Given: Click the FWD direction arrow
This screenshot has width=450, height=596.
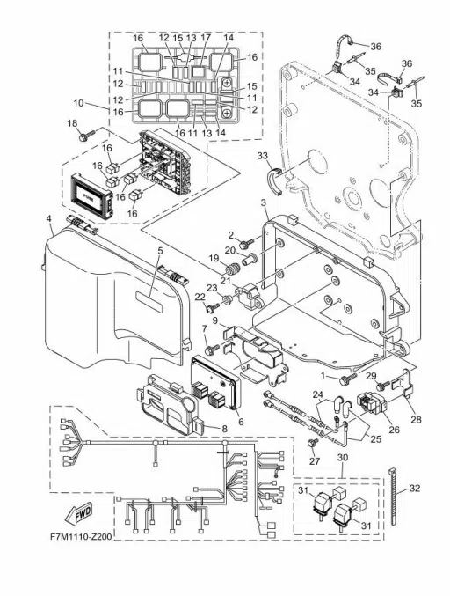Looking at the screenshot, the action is [x=78, y=513].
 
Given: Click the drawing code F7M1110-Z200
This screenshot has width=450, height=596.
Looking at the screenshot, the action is [x=81, y=537].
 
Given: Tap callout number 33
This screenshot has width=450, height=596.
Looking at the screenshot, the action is [x=262, y=156].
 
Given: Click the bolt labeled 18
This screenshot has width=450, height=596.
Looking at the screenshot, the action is [x=87, y=135].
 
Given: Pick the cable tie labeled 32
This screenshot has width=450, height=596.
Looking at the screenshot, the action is [x=393, y=496].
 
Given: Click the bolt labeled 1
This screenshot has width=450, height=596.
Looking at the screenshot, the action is [x=348, y=379].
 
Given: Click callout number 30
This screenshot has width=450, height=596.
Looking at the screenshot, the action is [x=343, y=458].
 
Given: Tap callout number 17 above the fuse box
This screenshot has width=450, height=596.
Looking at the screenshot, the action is [x=206, y=38].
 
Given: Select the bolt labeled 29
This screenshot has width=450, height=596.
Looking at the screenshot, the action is [x=382, y=386].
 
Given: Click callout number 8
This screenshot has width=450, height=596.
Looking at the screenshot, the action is [x=225, y=429].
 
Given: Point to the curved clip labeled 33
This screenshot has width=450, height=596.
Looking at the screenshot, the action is [x=275, y=180].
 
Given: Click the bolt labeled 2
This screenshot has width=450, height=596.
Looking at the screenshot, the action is [x=246, y=242].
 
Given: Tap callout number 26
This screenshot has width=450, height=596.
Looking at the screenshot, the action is [x=395, y=430].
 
